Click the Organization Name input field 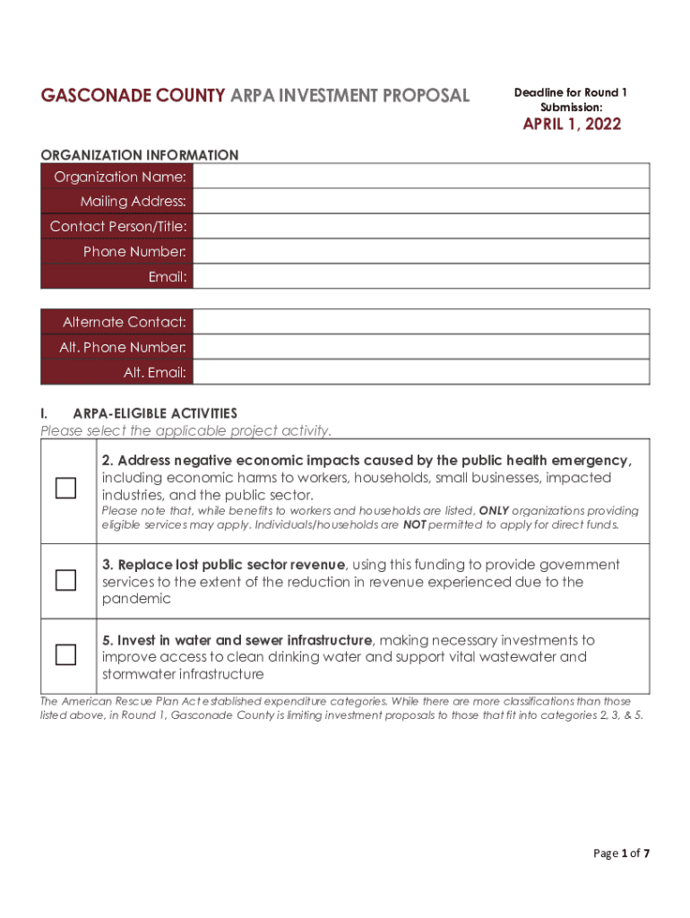click(x=421, y=177)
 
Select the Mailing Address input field click(x=421, y=201)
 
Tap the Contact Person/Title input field click(x=421, y=226)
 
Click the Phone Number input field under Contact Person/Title click(x=421, y=251)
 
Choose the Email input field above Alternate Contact click(x=421, y=276)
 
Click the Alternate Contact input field click(x=421, y=321)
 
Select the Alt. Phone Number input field click(x=421, y=346)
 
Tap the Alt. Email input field click(x=421, y=371)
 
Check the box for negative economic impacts click(x=65, y=489)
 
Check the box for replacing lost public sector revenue click(x=65, y=581)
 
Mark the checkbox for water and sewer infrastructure click(x=65, y=655)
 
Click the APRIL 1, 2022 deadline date click(x=572, y=125)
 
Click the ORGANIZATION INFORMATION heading click(x=140, y=155)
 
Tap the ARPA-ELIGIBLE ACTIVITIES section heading click(x=155, y=413)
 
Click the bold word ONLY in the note click(x=494, y=511)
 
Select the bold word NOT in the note click(x=414, y=525)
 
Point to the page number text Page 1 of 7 click(x=621, y=853)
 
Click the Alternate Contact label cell click(x=116, y=321)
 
